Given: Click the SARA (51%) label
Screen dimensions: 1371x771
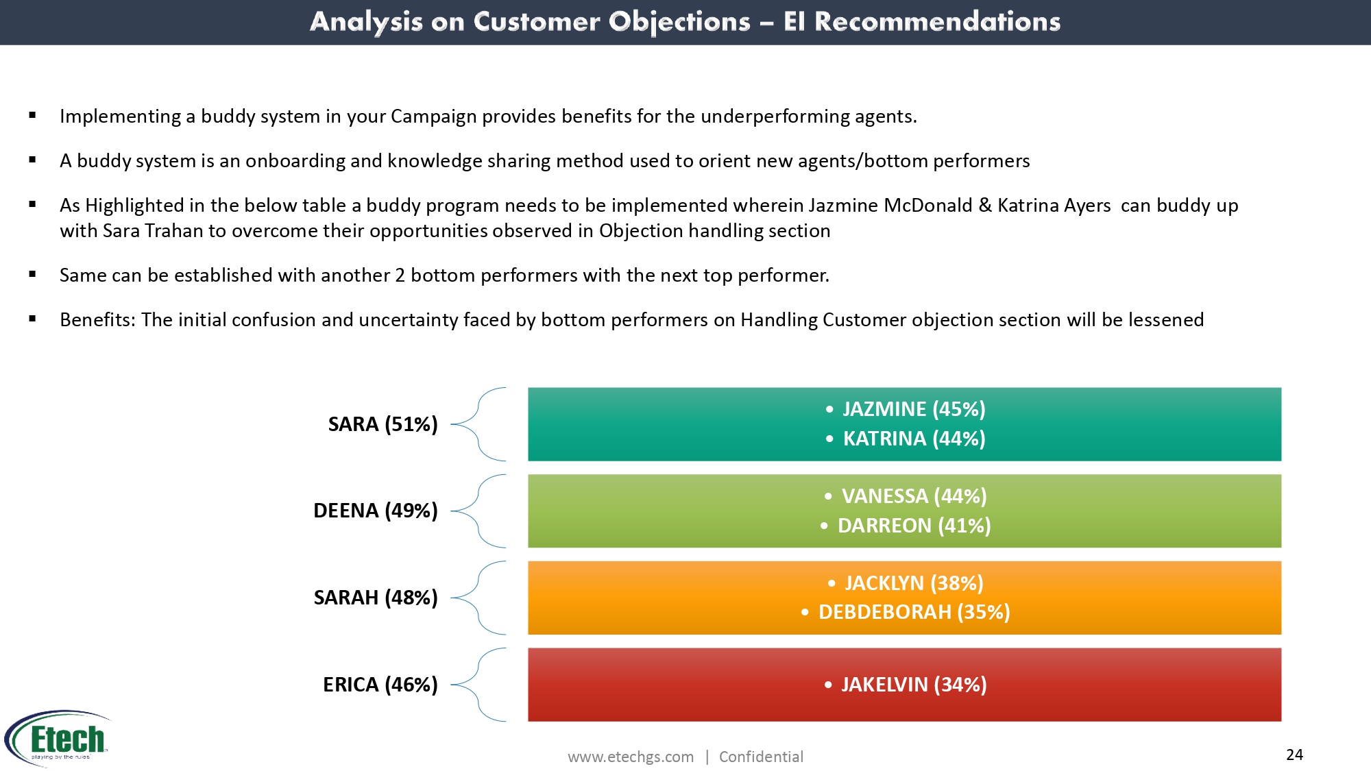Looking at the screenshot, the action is click(383, 424).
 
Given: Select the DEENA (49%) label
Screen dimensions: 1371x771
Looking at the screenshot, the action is click(375, 511).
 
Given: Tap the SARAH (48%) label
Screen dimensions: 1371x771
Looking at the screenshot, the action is click(375, 598).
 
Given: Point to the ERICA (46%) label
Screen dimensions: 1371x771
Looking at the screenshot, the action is click(380, 685).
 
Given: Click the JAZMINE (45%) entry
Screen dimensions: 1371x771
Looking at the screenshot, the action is click(914, 409).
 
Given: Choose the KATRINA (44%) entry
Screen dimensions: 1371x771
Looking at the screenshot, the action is click(914, 439).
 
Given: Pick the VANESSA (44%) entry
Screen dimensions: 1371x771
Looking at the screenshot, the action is click(914, 496).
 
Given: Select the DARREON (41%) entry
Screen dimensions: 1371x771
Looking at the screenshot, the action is click(914, 526).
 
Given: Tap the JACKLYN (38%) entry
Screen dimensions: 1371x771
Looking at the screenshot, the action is click(914, 583).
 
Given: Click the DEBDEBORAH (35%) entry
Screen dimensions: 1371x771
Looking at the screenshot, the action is click(914, 612).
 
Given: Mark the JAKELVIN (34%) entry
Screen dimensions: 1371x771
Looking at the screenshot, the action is click(914, 685).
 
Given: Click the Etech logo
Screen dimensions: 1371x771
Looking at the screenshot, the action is click(58, 738).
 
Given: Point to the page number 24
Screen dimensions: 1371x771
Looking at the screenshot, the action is click(1294, 755).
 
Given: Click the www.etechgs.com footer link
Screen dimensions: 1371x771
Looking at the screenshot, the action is click(631, 757).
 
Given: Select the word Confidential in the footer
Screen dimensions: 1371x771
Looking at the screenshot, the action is click(761, 757).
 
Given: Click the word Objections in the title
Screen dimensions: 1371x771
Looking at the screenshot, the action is click(679, 22).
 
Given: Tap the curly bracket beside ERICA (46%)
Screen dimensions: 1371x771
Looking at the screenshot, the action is click(478, 685).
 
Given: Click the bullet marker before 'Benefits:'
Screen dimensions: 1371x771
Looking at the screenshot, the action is click(32, 319).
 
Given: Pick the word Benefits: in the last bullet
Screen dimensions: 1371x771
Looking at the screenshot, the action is click(97, 320).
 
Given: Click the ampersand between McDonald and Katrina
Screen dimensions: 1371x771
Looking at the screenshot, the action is click(985, 206).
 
